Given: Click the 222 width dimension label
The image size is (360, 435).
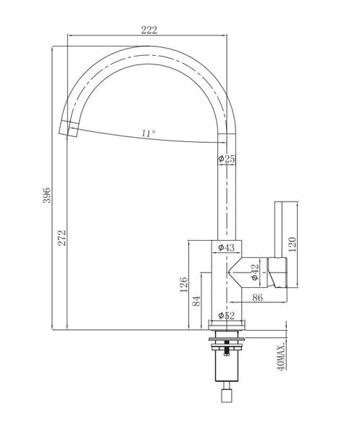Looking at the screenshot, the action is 148,30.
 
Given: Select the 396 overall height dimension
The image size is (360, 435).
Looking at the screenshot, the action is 47,195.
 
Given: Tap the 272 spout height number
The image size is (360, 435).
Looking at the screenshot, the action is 62,238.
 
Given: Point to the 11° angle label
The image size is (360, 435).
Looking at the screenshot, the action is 148,133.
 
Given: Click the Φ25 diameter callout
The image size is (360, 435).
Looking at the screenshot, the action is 227,159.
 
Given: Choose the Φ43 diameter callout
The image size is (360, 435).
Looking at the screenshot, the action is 226,247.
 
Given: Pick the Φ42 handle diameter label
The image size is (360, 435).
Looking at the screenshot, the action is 255,272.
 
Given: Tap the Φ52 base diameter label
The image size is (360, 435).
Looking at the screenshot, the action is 226,315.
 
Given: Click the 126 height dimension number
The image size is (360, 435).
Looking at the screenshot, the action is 183,285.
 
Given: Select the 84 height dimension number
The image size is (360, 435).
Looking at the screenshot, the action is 196,301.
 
